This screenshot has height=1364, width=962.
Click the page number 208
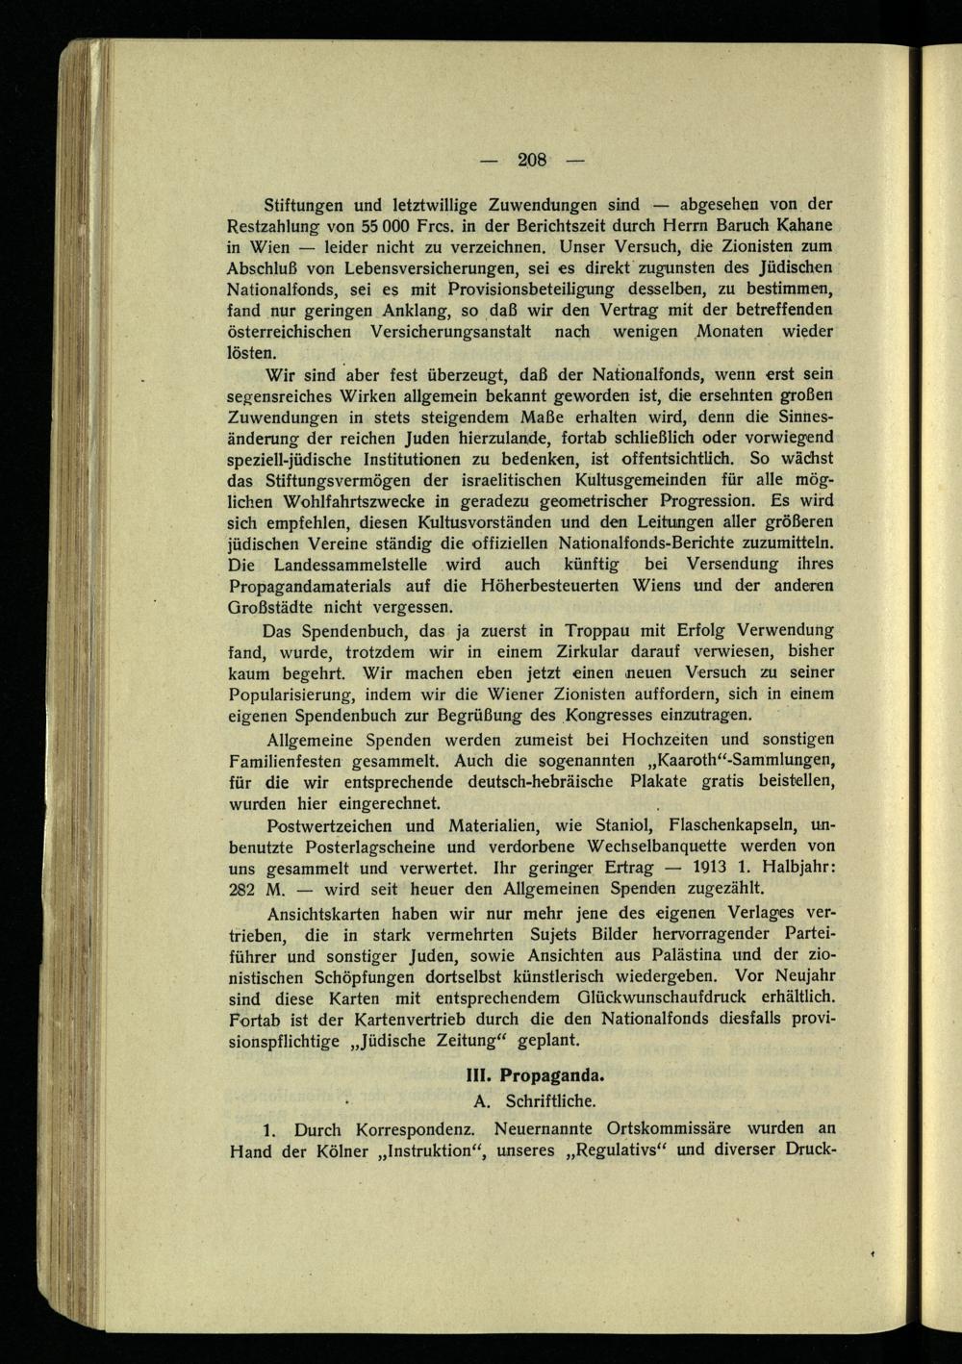pos(532,160)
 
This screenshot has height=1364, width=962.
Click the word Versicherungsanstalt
pos(451,331)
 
